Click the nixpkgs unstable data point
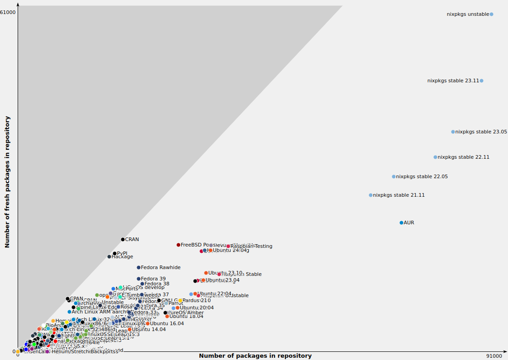[491, 14]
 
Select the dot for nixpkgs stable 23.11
[481, 81]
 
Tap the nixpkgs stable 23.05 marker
[453, 132]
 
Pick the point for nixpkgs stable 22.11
[435, 157]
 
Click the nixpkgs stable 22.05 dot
[394, 176]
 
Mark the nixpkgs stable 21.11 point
[370, 195]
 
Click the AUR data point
[401, 223]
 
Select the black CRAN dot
[123, 239]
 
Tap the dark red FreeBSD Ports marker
[178, 245]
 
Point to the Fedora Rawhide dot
[138, 267]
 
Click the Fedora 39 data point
[138, 279]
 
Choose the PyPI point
[114, 253]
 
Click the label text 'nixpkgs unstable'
[468, 14]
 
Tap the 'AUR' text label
[408, 223]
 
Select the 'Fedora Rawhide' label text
[161, 267]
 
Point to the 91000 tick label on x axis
[494, 356]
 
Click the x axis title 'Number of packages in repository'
[255, 356]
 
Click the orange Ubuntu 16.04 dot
[147, 323]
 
